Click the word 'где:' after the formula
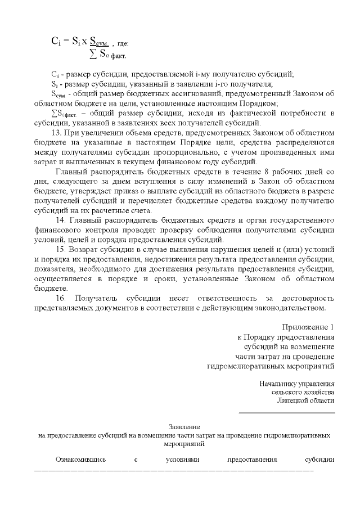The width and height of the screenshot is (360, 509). click(x=123, y=43)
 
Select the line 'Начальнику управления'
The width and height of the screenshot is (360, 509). click(x=297, y=384)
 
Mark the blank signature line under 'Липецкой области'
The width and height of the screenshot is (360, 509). click(x=287, y=413)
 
